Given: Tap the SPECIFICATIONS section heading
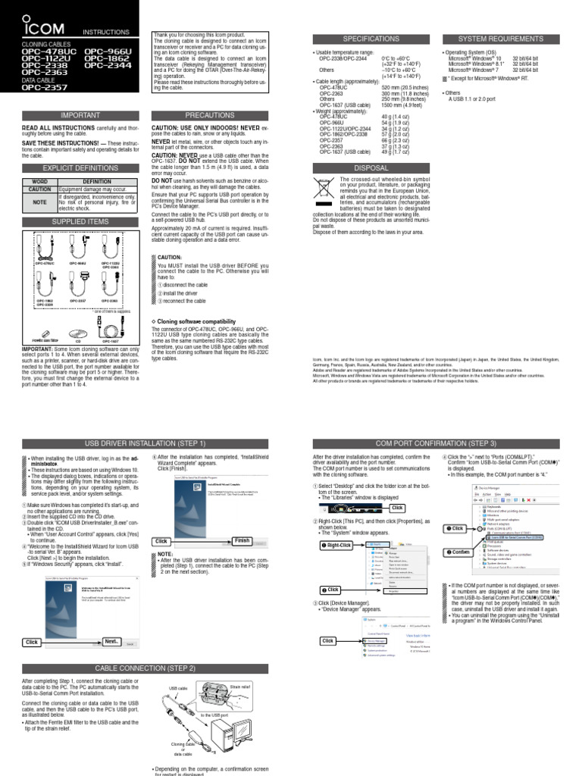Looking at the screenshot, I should coord(371,38).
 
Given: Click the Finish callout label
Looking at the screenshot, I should coord(242,540).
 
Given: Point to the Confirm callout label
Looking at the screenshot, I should coord(460,552).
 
